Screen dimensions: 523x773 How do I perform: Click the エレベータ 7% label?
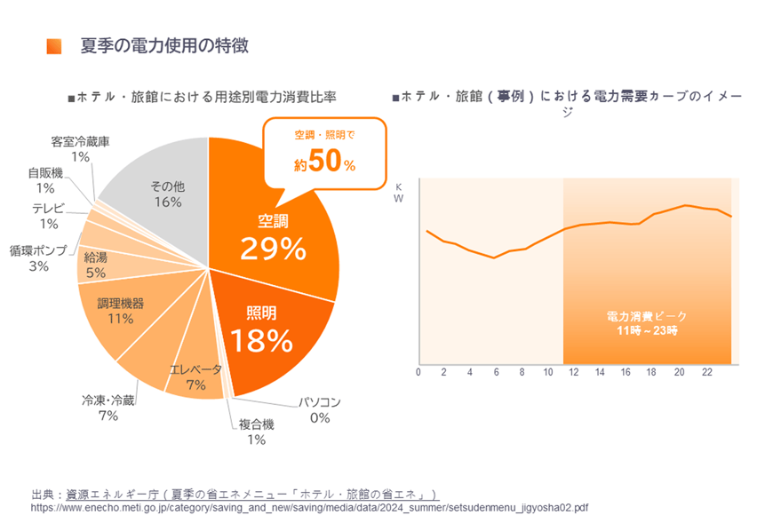(x=195, y=376)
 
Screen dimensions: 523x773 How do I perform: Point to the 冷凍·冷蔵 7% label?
(x=108, y=408)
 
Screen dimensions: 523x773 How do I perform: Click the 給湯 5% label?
(x=95, y=265)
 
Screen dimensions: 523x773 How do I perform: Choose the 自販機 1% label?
(x=45, y=180)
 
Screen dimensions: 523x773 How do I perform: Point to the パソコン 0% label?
(x=320, y=409)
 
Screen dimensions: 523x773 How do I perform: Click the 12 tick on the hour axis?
(x=573, y=372)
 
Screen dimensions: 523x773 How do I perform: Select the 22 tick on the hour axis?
(x=707, y=372)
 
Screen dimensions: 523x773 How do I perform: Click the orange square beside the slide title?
(x=54, y=46)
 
